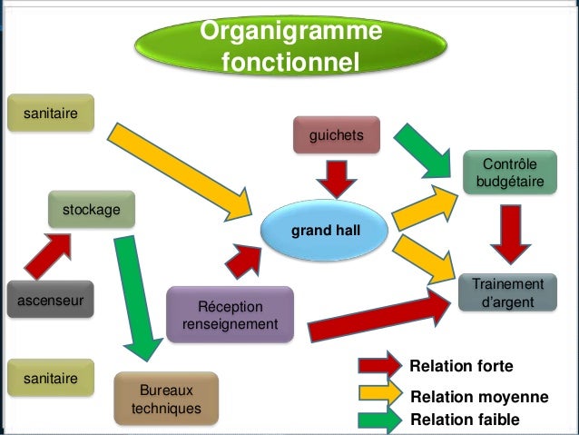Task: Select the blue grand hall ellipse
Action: pos(325,232)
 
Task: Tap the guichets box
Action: pos(336,135)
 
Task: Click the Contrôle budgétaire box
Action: pos(509,173)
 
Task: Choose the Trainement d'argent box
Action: pos(508,292)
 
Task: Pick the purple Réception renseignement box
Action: pos(230,314)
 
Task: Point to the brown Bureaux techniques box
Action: pos(166,399)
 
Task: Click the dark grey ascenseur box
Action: pos(50,299)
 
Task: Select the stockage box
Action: pos(92,210)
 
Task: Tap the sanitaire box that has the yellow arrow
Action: pos(50,113)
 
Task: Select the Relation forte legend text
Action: pos(461,366)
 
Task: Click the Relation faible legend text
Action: pos(465,420)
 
